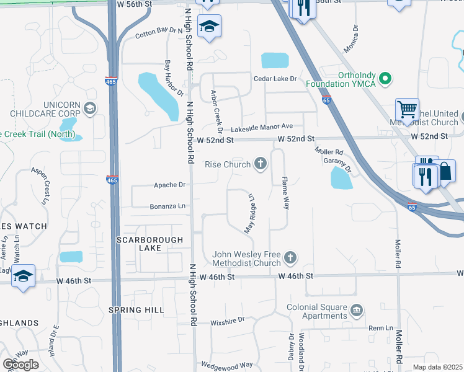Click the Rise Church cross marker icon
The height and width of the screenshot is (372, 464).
click(261, 164)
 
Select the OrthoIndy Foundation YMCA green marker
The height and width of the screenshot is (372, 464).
click(385, 79)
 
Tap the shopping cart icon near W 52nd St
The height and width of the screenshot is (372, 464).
click(408, 110)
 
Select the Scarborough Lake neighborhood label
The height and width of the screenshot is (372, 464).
click(150, 244)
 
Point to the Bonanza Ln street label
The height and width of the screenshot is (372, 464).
click(167, 206)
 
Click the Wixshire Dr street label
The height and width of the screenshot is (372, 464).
click(228, 320)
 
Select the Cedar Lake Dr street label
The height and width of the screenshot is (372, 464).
click(275, 79)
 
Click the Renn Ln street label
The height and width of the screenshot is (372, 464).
click(381, 327)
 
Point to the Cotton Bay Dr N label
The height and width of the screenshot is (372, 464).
click(159, 33)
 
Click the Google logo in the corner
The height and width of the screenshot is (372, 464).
click(20, 365)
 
